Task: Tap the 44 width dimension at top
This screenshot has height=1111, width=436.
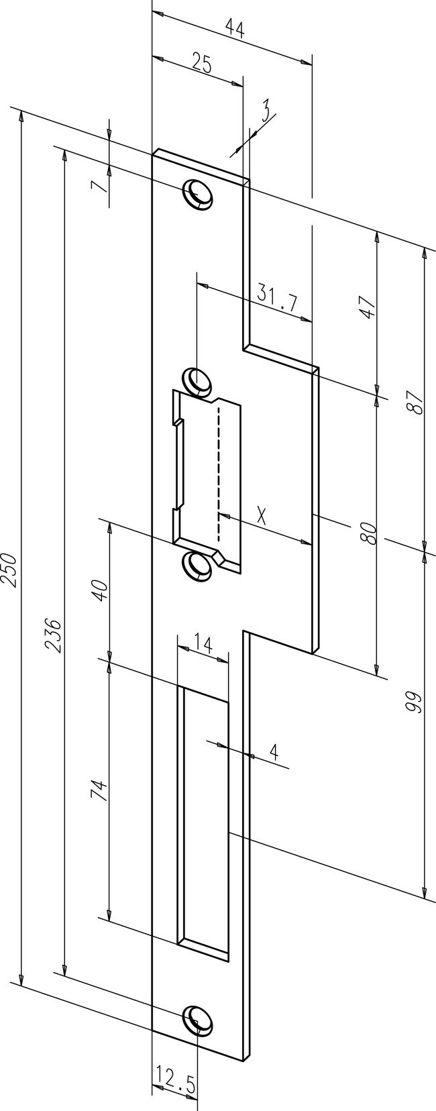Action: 233,29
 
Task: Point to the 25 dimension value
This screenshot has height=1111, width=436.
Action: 201,65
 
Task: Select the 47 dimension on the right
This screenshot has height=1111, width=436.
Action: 366,308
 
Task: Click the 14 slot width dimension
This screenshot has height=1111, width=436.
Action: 203,646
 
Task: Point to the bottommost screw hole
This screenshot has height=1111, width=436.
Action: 198,1019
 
